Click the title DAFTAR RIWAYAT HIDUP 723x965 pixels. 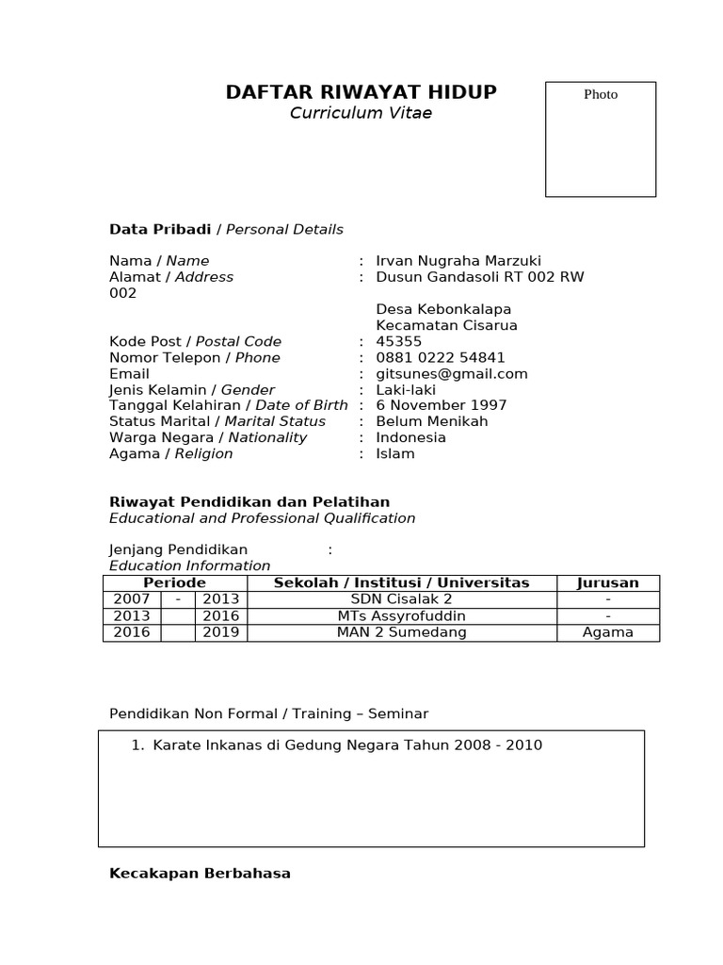click(x=361, y=92)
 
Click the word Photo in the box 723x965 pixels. click(x=601, y=94)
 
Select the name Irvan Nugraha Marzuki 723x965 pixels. click(x=458, y=261)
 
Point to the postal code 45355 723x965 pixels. click(x=399, y=341)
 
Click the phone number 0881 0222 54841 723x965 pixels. click(x=441, y=357)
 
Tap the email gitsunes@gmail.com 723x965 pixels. click(x=452, y=373)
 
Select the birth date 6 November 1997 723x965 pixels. click(x=442, y=405)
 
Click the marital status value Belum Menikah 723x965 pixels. click(x=432, y=421)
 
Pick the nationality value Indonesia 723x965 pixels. click(x=411, y=437)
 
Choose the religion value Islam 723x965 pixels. click(x=395, y=453)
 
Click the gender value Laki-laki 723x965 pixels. click(x=406, y=389)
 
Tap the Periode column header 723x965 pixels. click(x=174, y=583)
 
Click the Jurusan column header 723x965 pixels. click(x=608, y=583)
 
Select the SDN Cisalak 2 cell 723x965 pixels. click(x=402, y=599)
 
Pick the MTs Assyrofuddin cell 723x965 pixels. click(x=402, y=616)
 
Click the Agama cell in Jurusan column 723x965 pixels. click(x=608, y=632)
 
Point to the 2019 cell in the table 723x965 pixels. click(x=221, y=632)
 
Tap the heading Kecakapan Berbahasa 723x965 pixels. click(x=200, y=874)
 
